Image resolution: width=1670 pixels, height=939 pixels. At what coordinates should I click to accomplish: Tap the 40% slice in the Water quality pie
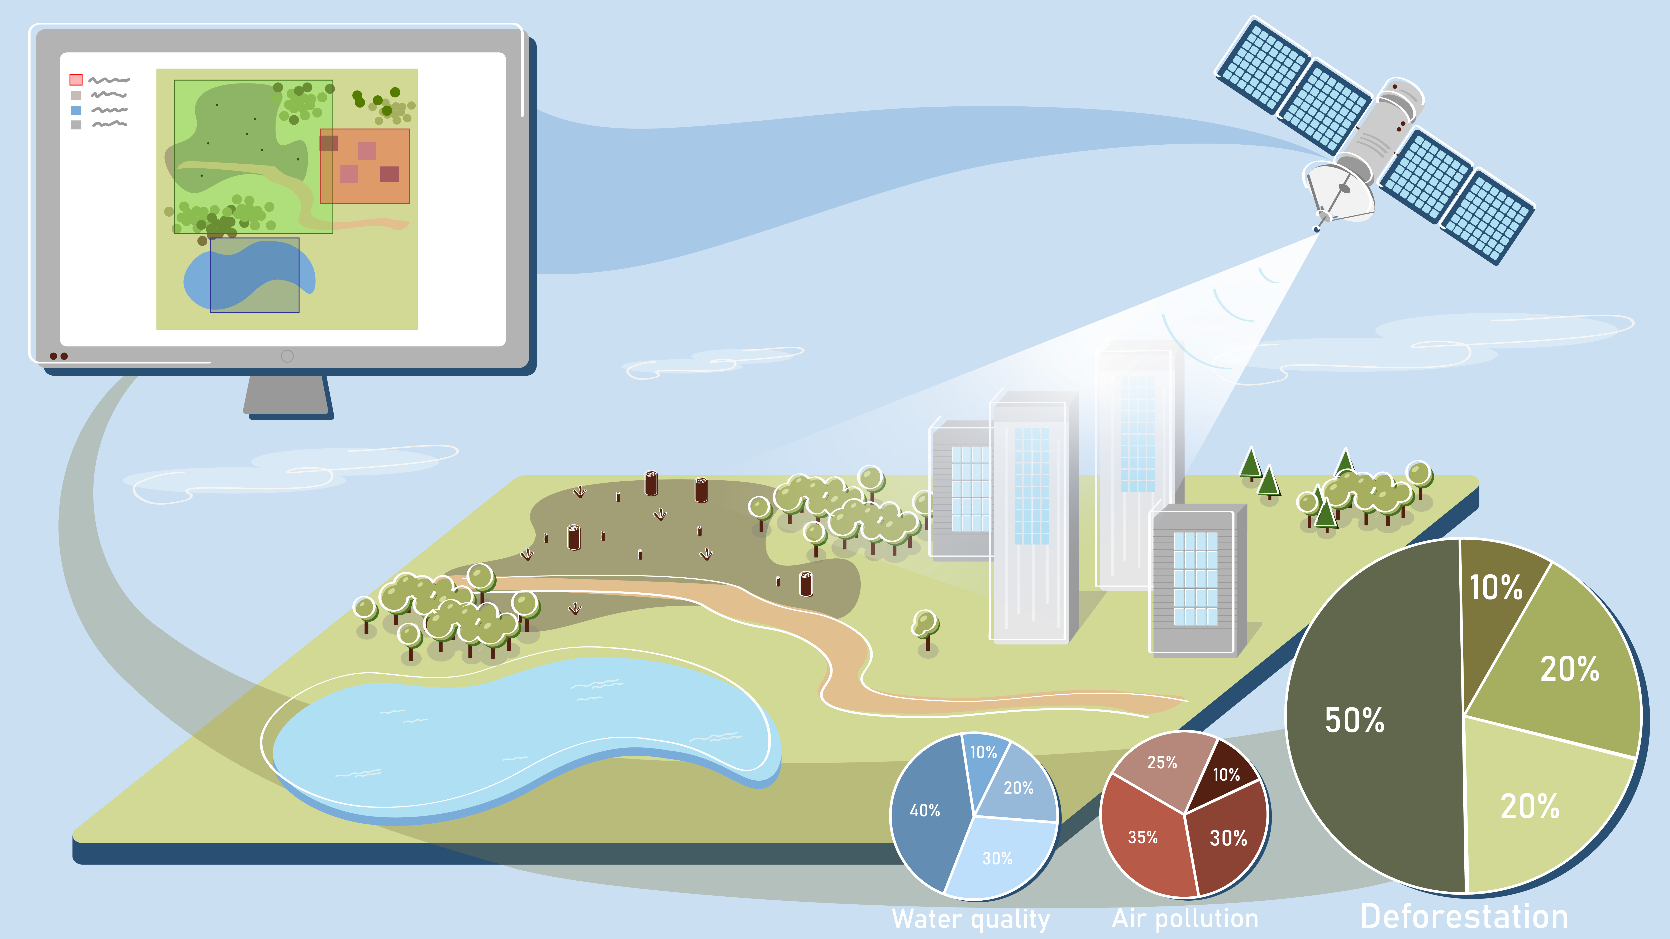927,810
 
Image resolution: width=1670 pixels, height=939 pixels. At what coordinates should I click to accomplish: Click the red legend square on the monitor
76,80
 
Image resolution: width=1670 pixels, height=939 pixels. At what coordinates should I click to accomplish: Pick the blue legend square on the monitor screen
76,110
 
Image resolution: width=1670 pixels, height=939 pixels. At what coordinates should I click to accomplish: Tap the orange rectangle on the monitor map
365,166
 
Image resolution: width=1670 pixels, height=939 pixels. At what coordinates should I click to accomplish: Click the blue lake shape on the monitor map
250,275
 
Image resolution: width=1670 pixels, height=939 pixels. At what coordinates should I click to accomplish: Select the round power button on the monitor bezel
287,356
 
